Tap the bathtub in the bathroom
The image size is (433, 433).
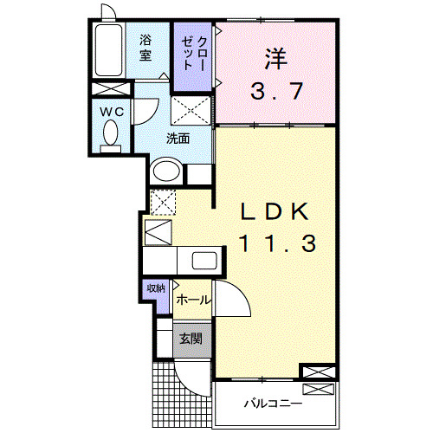108,50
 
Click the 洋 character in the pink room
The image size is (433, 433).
276,58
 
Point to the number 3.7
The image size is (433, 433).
276,91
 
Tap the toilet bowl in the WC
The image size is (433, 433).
110,132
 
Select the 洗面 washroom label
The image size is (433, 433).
178,138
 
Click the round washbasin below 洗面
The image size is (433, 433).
165,171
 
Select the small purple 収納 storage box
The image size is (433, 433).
155,289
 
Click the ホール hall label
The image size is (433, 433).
192,300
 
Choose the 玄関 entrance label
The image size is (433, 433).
191,338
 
